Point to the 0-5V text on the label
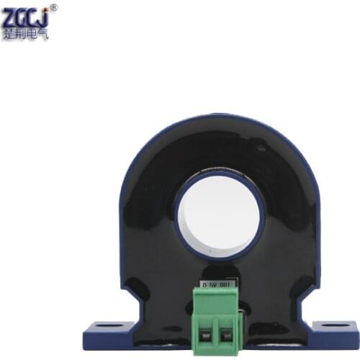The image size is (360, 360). click(x=209, y=285)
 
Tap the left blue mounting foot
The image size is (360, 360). click(x=108, y=336)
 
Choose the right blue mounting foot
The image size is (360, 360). click(x=331, y=336)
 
